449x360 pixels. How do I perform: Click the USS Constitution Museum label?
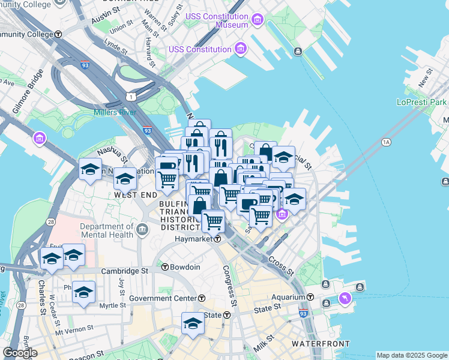point(217,21)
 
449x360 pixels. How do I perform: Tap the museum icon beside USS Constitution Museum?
point(258,21)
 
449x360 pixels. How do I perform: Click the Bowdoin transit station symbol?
point(164,267)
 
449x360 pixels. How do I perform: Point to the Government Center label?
point(162,298)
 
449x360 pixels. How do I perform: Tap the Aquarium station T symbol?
point(310,297)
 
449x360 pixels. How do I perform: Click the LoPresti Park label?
point(422,102)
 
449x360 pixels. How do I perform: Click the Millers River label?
point(115,112)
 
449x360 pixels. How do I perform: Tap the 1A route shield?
point(385,142)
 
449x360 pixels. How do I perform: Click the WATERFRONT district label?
point(321,344)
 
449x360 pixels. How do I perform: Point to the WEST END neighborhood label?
point(136,195)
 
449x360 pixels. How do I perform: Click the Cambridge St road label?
point(124,271)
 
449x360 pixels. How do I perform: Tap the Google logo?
point(20,352)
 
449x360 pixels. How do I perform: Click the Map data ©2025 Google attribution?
point(412,355)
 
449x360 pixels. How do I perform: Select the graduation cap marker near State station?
point(193,323)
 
